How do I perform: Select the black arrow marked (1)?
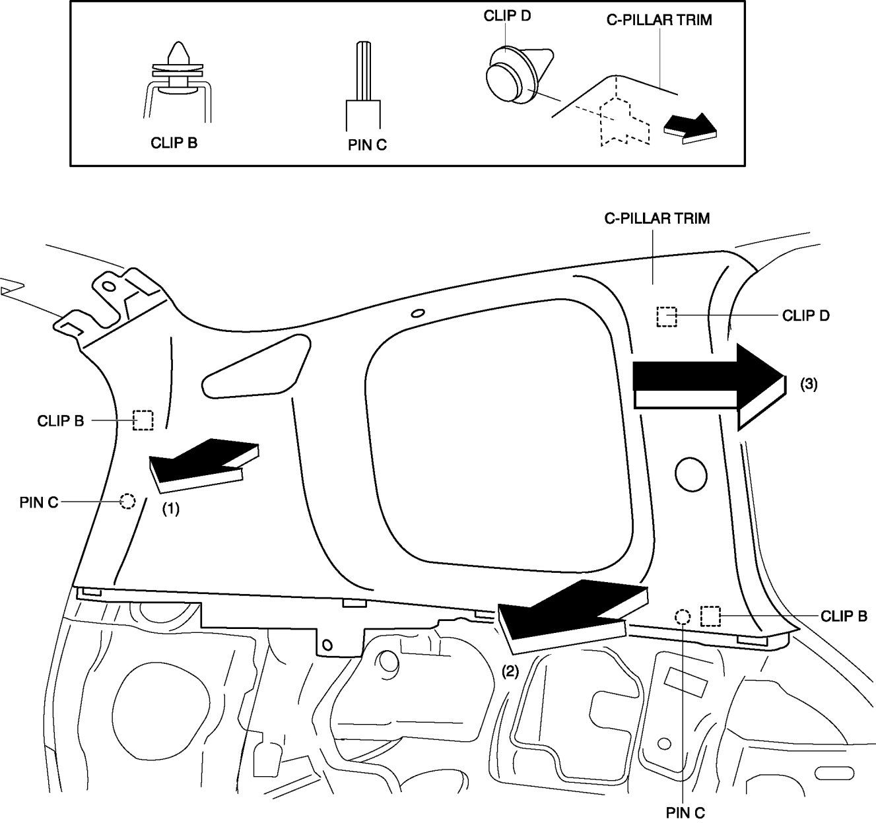[201, 465]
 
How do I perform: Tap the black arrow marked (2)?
[564, 614]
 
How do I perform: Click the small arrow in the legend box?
[690, 127]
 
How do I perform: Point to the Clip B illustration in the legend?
[177, 82]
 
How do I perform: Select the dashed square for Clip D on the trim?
[667, 317]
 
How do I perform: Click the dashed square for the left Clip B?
[143, 420]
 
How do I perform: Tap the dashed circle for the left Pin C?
[127, 502]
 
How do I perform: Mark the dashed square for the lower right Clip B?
[710, 616]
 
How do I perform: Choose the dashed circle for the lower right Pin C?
[683, 617]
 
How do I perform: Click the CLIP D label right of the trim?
[805, 315]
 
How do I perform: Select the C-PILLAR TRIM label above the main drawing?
[657, 218]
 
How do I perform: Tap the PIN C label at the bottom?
[686, 812]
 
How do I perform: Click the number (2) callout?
[510, 671]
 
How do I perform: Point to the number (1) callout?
[171, 510]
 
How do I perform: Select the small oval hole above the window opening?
[417, 313]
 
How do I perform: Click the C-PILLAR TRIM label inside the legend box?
[659, 20]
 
